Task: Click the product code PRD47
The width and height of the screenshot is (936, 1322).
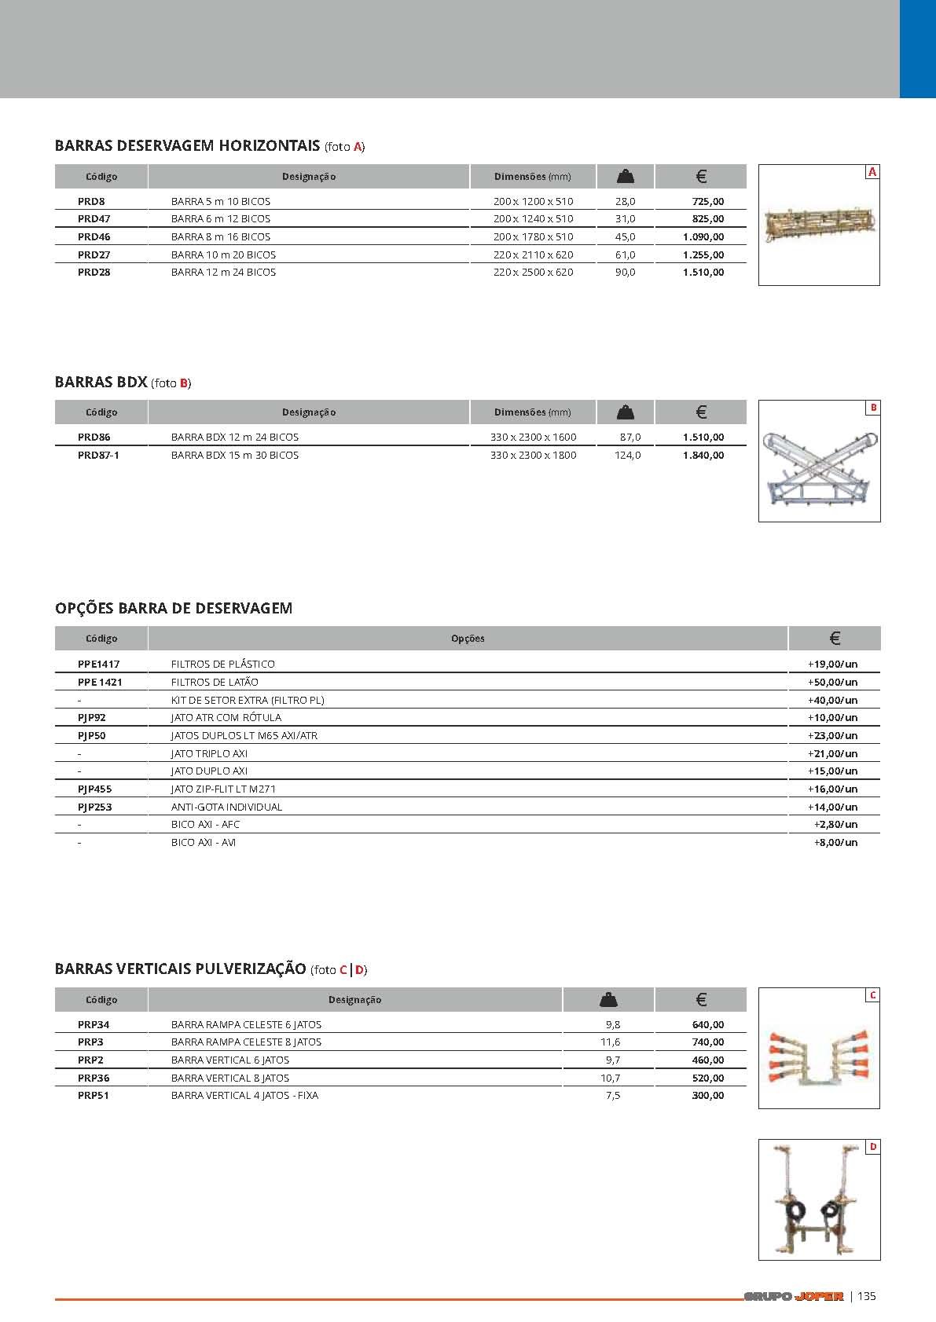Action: coord(94,219)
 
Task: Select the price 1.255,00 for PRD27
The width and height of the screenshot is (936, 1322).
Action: coord(703,255)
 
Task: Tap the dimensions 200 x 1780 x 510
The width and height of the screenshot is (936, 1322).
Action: coord(533,236)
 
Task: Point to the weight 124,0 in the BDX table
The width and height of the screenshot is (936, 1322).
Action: coord(627,455)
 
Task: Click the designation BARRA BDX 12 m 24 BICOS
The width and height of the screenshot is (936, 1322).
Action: coord(234,437)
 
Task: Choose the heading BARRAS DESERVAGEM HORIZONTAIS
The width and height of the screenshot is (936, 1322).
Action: coord(187,145)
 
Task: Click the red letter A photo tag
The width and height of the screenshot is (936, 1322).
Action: coord(872,172)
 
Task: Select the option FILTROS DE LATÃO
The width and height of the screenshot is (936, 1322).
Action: coord(215,682)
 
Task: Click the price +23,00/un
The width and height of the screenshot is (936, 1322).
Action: coord(832,735)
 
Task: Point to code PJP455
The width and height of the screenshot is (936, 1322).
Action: coord(94,789)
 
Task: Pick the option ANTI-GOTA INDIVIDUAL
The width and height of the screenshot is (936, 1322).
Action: coord(226,807)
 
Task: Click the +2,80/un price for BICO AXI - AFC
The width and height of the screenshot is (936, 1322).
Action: coord(835,824)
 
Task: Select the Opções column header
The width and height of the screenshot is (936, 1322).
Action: coord(468,639)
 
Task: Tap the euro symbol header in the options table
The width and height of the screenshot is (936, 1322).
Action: coord(835,639)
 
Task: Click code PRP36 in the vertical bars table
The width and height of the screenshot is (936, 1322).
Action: coord(94,1078)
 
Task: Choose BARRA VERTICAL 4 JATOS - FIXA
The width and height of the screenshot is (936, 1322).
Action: coord(244,1095)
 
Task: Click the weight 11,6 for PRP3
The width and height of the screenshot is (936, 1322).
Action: coord(610,1042)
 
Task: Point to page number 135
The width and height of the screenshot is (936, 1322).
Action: coord(866,1296)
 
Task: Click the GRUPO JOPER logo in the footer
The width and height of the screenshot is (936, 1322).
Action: coord(793,1297)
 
